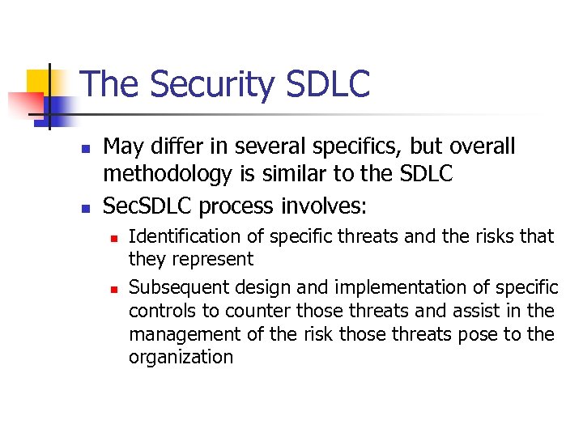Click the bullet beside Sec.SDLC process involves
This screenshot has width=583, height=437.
pyautogui.click(x=85, y=208)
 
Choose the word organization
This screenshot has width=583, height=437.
pyautogui.click(x=181, y=358)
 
